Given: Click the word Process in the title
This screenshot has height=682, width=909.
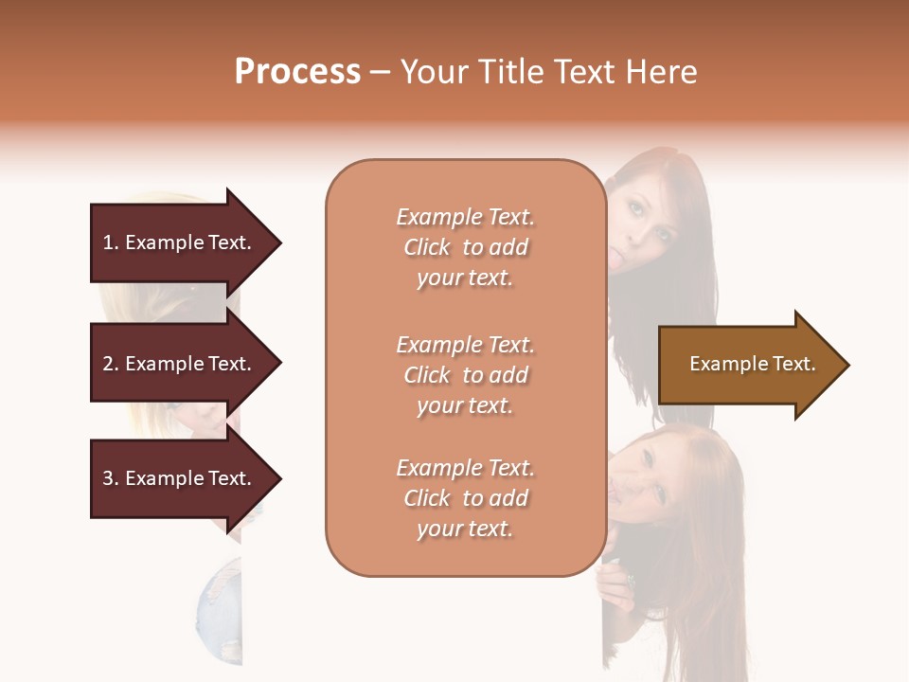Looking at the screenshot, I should (x=297, y=72).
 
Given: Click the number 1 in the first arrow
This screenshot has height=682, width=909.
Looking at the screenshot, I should (x=107, y=242).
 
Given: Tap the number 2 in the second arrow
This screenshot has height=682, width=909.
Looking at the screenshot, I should (x=108, y=364).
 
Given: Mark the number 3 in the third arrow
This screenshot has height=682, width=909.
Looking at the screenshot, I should (x=108, y=478).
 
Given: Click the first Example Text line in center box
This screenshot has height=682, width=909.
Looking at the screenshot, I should (x=465, y=217).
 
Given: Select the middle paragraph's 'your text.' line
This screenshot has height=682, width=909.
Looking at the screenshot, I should (x=465, y=405).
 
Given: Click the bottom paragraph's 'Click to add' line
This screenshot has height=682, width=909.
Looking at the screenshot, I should (x=465, y=498).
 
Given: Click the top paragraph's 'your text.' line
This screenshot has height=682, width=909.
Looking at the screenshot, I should (x=465, y=278).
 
